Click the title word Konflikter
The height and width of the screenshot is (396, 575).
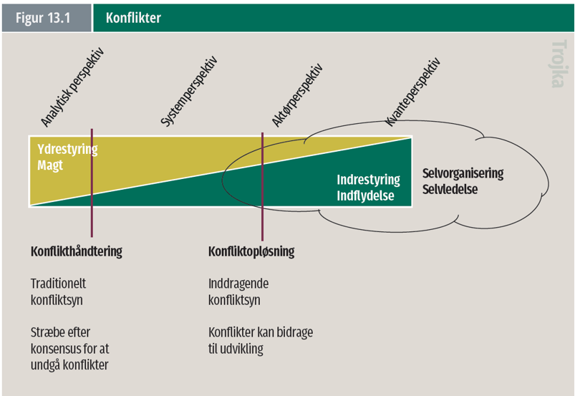pyautogui.click(x=133, y=18)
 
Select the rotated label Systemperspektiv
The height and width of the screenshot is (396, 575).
pyautogui.click(x=188, y=92)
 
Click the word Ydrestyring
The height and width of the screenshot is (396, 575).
pyautogui.click(x=67, y=150)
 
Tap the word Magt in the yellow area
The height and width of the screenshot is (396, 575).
pyautogui.click(x=50, y=165)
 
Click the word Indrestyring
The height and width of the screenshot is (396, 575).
pyautogui.click(x=368, y=180)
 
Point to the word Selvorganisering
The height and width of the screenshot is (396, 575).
pyautogui.click(x=463, y=173)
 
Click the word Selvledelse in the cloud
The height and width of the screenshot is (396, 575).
pyautogui.click(x=450, y=189)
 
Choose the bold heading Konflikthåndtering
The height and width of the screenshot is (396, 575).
pyautogui.click(x=77, y=251)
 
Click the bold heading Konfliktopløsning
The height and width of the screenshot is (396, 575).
pyautogui.click(x=251, y=251)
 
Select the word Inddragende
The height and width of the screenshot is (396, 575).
pyautogui.click(x=238, y=284)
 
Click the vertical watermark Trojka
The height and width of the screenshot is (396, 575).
pyautogui.click(x=559, y=64)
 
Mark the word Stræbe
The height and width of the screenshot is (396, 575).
pyautogui.click(x=47, y=332)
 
